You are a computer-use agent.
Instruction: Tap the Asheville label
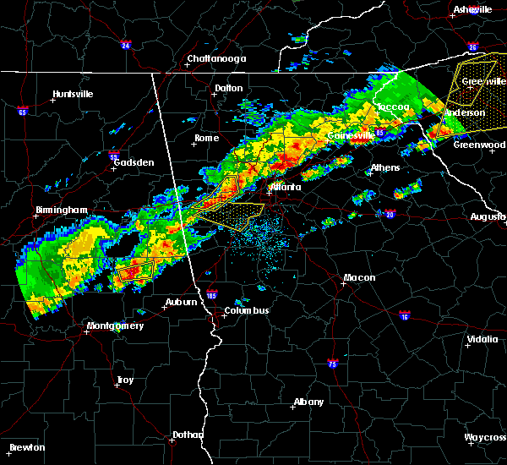[472, 9]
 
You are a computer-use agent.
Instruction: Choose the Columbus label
[246, 310]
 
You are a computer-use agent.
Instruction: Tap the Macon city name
[359, 278]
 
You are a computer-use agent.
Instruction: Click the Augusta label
[488, 216]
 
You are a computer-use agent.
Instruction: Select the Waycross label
[486, 437]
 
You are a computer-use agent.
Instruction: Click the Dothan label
[188, 435]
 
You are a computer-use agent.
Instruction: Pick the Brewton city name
[27, 447]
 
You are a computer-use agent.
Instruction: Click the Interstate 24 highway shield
[126, 45]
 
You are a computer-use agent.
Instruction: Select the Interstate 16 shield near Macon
[404, 315]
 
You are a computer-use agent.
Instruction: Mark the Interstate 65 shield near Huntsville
[22, 111]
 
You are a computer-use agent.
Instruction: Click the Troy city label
[125, 380]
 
